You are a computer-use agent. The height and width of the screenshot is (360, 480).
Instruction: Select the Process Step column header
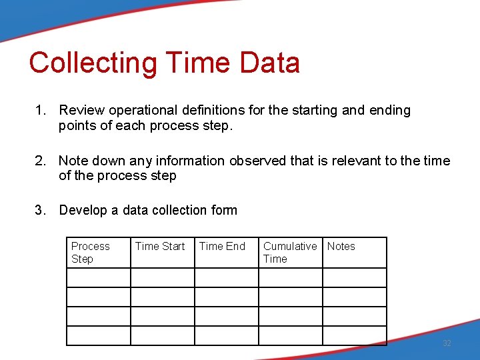tap(90, 253)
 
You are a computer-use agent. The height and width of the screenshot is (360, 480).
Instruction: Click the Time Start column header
tap(160, 247)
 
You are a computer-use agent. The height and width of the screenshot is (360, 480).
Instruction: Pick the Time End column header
tap(222, 247)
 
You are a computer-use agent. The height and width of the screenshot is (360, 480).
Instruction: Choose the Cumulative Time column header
tap(290, 253)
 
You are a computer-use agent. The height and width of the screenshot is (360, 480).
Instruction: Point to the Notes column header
tap(341, 247)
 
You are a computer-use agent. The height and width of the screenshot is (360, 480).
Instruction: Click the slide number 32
tap(447, 343)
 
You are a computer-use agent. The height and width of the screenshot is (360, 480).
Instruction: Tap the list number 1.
tap(40, 111)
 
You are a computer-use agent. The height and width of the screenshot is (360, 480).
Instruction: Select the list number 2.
tap(40, 161)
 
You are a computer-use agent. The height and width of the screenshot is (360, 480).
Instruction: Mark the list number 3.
tap(40, 211)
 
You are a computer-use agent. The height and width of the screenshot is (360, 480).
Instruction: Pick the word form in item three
tap(223, 211)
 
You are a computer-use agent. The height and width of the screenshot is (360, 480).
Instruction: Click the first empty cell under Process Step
tap(99, 277)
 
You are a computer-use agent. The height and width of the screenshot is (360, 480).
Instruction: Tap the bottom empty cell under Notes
tap(354, 335)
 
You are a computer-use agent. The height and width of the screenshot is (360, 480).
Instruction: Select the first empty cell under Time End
tap(226, 277)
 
